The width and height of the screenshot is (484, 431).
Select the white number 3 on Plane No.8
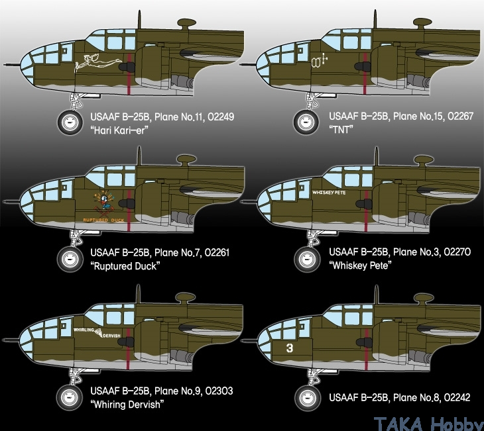coord(289,348)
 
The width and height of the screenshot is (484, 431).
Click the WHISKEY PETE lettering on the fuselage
coord(329,193)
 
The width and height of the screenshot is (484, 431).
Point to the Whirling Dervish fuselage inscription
coord(97,332)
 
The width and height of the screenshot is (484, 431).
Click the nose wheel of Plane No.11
coord(70,122)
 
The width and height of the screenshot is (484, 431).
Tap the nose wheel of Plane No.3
coord(307,259)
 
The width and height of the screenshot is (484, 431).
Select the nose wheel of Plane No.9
coord(69,397)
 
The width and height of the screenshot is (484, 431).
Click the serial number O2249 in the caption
coord(221,117)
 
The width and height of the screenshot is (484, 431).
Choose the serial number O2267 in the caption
coord(460,117)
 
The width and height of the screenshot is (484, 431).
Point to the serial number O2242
coord(457,397)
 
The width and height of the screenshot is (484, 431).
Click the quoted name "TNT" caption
coord(341,130)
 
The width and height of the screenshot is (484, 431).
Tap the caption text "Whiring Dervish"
coord(127,404)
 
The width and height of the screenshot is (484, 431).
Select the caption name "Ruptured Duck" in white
coord(125,265)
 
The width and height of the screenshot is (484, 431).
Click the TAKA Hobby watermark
coord(428,424)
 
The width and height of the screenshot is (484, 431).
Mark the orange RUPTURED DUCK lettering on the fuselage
coord(103,220)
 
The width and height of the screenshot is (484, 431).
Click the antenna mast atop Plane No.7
coord(139,156)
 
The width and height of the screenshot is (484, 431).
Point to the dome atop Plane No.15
coord(422,23)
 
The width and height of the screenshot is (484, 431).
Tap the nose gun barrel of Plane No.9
coord(11,340)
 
